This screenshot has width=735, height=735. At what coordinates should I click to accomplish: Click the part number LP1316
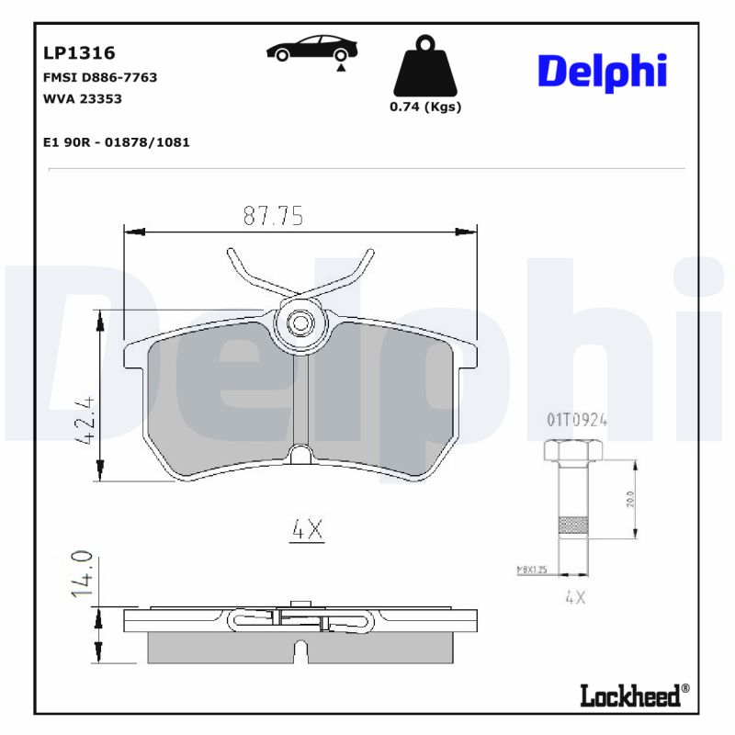click(79, 54)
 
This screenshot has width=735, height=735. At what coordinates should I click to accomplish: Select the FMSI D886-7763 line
click(100, 77)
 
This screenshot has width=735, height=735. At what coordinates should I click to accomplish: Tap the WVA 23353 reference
click(83, 98)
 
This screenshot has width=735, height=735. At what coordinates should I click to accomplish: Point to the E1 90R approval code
click(117, 142)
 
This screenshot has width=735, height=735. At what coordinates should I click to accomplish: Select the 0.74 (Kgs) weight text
click(425, 107)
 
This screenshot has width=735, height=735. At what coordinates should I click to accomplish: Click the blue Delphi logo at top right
click(602, 72)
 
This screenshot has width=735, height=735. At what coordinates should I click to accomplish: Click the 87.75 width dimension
click(273, 216)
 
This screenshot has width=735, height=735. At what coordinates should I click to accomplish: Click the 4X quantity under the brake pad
click(307, 529)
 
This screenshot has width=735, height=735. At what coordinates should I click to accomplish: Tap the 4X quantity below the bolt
click(575, 597)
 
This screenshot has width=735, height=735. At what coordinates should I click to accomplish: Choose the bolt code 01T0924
click(577, 420)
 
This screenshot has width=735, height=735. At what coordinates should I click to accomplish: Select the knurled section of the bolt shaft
click(573, 525)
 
